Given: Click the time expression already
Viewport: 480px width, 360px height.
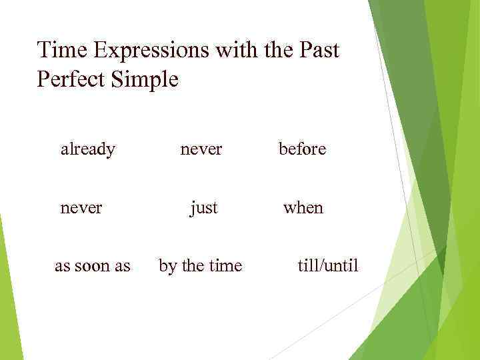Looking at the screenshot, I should (x=87, y=149).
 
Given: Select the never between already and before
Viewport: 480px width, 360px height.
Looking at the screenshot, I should (x=201, y=149).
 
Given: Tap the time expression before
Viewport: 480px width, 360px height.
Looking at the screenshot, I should (x=302, y=149).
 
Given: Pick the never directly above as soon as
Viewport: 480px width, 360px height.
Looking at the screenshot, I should (x=81, y=208).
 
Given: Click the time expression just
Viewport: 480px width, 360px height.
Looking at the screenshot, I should (x=203, y=208).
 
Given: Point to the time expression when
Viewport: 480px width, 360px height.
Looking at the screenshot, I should (x=303, y=208).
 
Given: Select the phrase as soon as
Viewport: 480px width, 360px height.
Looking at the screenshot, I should (x=92, y=266).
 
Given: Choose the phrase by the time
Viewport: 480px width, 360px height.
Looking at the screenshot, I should (x=200, y=266).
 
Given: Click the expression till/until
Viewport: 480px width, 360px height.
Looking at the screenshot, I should (x=327, y=266).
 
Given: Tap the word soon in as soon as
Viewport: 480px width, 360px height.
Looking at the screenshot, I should (x=93, y=266).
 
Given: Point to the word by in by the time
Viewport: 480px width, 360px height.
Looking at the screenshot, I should (x=167, y=266).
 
